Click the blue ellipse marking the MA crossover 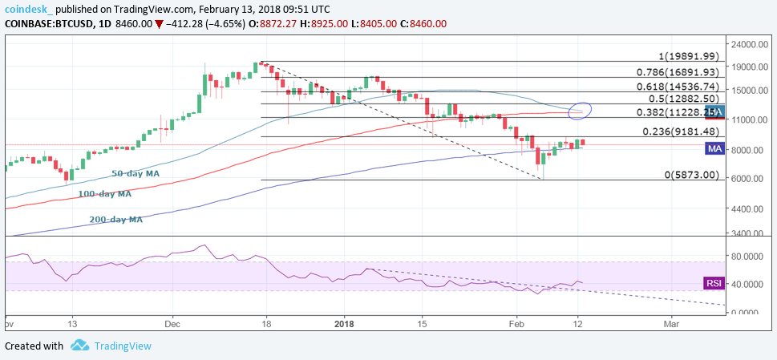(579, 110)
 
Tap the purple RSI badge (714, 283)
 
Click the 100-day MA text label (103, 193)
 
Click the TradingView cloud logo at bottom (79, 346)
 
